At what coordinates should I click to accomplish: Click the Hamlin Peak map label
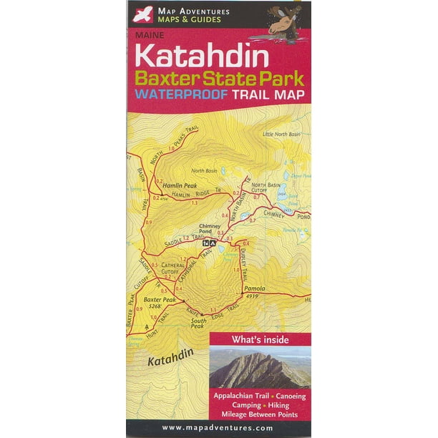(169, 185)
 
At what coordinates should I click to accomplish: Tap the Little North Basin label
(281, 134)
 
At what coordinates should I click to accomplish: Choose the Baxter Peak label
(159, 299)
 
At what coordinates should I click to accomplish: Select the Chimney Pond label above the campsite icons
(211, 230)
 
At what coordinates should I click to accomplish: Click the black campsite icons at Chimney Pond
(208, 244)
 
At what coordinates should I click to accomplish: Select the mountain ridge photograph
(260, 367)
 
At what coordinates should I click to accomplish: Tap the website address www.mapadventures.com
(218, 427)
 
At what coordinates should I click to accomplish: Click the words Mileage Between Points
(261, 413)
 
